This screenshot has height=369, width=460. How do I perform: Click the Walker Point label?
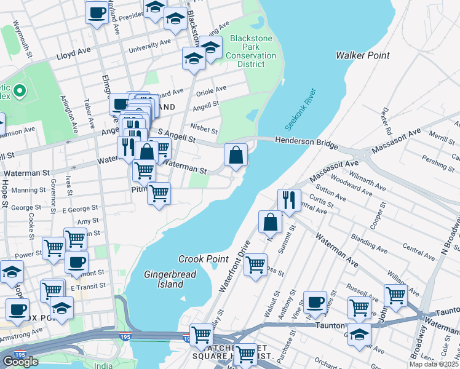click(362, 55)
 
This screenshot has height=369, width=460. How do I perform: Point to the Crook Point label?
click(204, 259)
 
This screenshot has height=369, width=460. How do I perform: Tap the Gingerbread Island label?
click(164, 279)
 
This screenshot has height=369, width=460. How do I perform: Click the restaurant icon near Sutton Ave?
click(288, 200)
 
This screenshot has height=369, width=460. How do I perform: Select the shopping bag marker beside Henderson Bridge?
click(236, 154)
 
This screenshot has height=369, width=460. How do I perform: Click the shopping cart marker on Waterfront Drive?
click(255, 265)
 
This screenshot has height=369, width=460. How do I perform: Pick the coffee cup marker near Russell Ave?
click(315, 301)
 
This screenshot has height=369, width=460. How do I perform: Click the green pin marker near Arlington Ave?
click(19, 92)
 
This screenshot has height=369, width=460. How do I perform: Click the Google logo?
click(20, 361)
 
